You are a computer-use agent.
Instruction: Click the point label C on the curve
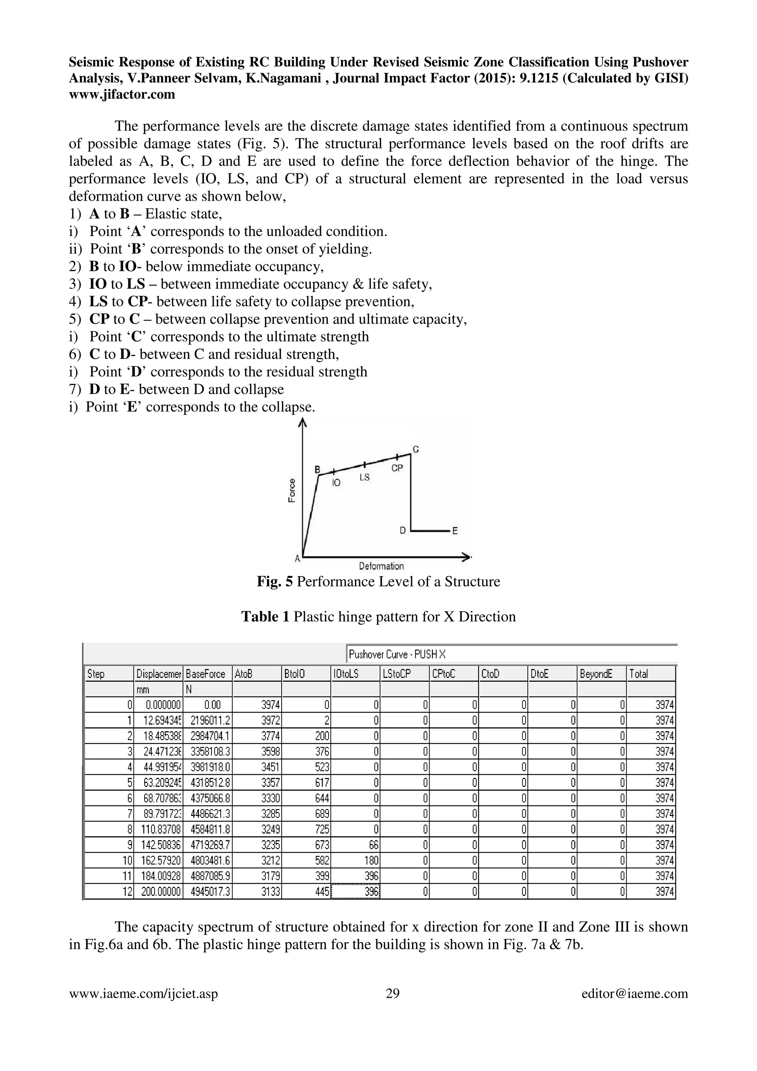click(x=415, y=449)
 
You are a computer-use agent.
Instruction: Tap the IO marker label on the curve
click(x=336, y=483)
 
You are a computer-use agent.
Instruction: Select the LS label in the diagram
click(x=364, y=477)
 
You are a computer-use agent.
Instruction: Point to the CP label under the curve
click(x=397, y=468)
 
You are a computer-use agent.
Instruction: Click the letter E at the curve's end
click(x=455, y=531)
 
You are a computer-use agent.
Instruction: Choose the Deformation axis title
click(x=381, y=566)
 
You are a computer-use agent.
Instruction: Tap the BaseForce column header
click(x=206, y=674)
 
